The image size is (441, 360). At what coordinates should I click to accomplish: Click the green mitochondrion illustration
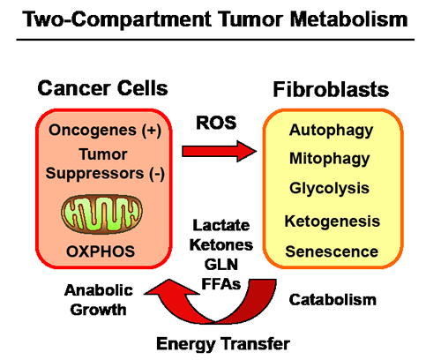(101, 214)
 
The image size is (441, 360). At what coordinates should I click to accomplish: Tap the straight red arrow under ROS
(219, 151)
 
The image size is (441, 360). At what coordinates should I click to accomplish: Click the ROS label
(216, 123)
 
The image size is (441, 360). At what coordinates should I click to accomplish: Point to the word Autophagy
(331, 131)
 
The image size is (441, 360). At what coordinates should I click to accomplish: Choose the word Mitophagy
(330, 159)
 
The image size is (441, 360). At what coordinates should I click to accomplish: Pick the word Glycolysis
(329, 188)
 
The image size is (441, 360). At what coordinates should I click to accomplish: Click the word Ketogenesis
(333, 221)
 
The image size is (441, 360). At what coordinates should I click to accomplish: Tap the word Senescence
(332, 251)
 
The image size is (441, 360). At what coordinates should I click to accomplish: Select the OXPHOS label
(101, 251)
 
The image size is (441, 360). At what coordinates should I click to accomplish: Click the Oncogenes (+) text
(105, 130)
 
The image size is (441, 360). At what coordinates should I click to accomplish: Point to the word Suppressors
(94, 174)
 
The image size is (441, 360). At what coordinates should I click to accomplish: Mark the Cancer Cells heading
(102, 88)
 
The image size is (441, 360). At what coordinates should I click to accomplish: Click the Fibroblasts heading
(331, 89)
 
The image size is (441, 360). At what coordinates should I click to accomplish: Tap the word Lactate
(221, 226)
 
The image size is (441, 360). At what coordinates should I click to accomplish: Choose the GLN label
(221, 265)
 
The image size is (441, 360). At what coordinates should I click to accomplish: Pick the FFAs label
(221, 284)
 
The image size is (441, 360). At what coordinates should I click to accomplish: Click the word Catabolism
(333, 300)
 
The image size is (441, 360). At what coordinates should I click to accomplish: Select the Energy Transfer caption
(223, 344)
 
